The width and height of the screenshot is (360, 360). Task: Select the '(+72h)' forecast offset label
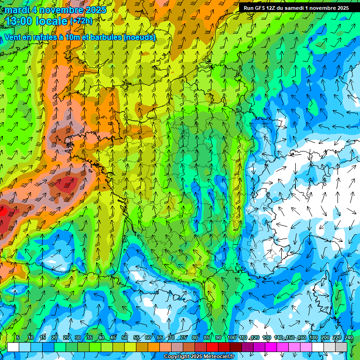(81, 21)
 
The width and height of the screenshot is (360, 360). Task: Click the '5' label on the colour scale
(18, 337)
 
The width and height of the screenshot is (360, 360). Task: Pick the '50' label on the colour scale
(125, 337)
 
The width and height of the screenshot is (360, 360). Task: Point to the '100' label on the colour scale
(231, 337)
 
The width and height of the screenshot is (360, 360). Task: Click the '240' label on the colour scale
(348, 337)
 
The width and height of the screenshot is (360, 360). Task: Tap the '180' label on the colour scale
(313, 337)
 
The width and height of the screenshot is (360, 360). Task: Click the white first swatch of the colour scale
(13, 347)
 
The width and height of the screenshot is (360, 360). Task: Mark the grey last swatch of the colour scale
(341, 347)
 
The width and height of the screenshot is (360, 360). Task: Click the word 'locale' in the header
(52, 21)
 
